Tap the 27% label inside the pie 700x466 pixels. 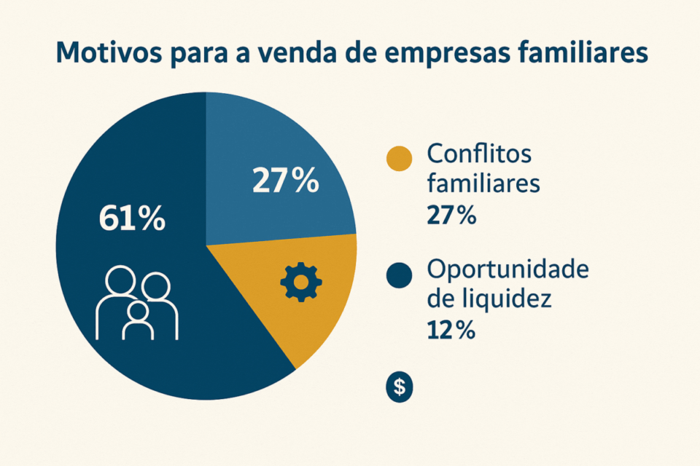click(285, 181)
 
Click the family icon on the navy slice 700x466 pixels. click(137, 303)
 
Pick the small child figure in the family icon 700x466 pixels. click(138, 321)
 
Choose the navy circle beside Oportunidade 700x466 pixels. click(399, 275)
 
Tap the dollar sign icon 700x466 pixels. click(399, 387)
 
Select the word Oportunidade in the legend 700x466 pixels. click(507, 270)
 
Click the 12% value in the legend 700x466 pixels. click(450, 331)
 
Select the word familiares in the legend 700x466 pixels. click(483, 183)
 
